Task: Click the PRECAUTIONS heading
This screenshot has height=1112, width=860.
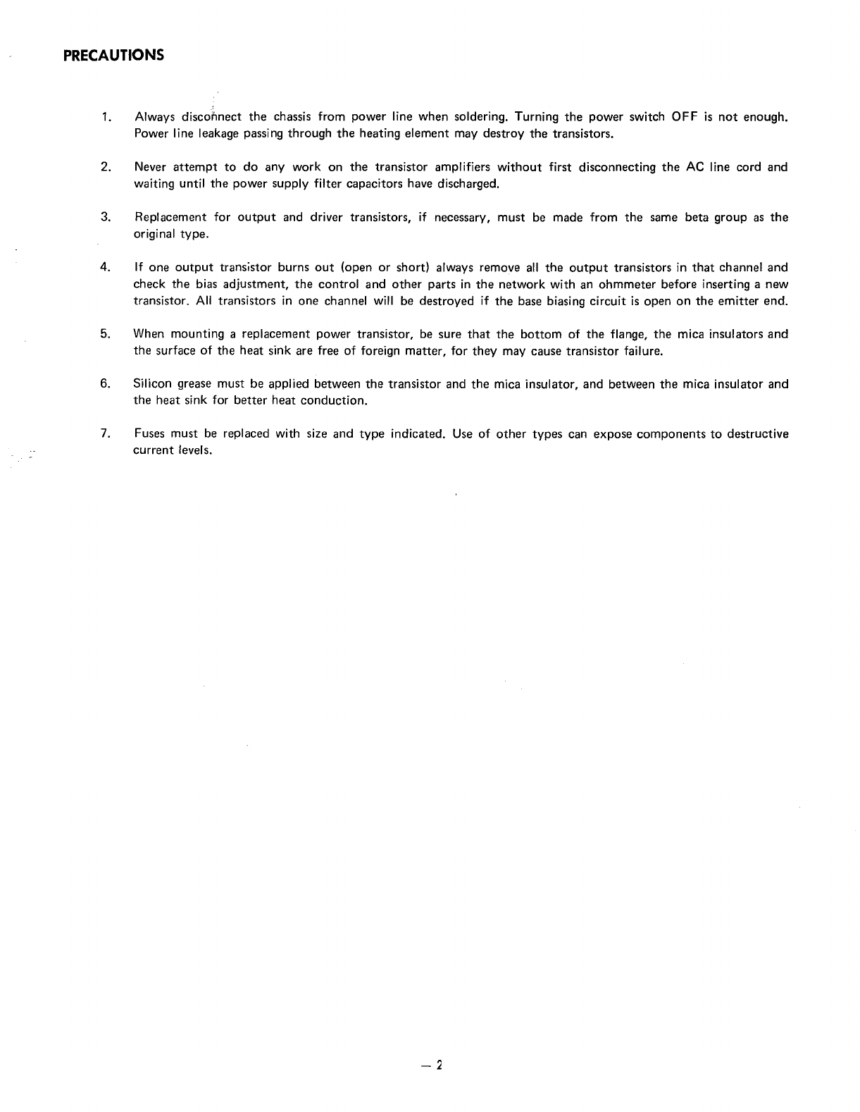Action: point(113,55)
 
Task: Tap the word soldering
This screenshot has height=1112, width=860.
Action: point(476,117)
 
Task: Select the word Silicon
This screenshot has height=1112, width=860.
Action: point(151,384)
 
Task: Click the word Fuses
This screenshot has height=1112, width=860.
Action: point(149,434)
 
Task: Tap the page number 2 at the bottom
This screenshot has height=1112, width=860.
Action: point(437,1065)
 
